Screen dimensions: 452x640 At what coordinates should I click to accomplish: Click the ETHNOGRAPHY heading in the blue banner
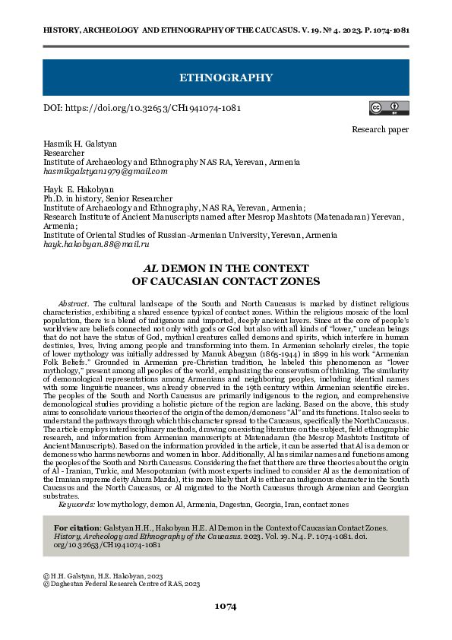click(226, 78)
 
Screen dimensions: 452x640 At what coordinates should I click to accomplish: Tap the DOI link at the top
click(142, 108)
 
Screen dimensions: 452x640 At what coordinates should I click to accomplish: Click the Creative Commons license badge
click(384, 108)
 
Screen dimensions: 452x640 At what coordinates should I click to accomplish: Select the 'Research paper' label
click(380, 130)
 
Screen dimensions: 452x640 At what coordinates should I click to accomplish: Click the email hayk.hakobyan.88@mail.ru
click(96, 245)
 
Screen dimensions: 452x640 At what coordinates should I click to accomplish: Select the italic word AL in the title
click(150, 268)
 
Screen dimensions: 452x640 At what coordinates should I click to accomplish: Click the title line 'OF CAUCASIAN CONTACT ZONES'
click(226, 281)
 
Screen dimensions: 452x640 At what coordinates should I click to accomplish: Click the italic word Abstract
click(73, 302)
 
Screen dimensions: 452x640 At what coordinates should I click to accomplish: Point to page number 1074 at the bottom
click(226, 606)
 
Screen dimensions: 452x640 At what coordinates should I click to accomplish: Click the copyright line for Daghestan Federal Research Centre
click(122, 584)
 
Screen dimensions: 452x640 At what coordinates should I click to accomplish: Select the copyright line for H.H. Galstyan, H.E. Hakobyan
click(103, 576)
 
